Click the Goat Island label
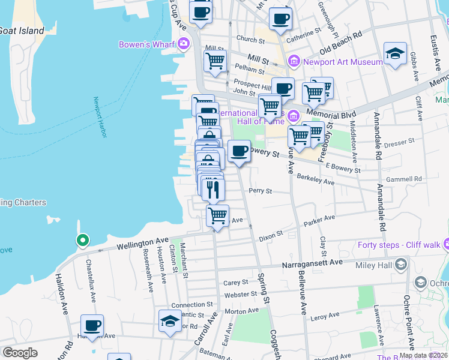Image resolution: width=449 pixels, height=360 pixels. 22,31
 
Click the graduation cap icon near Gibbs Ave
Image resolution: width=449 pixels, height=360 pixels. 395,53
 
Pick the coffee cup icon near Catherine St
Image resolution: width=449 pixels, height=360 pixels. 280,19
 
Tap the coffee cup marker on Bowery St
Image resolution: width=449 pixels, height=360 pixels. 239,151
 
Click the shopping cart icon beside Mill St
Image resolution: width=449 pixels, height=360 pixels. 215,60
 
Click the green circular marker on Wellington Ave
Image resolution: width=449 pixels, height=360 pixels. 82,241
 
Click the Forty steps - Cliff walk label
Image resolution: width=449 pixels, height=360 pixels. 398,244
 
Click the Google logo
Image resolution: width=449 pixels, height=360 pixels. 20,352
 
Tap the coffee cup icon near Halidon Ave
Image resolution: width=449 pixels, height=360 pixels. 92,325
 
